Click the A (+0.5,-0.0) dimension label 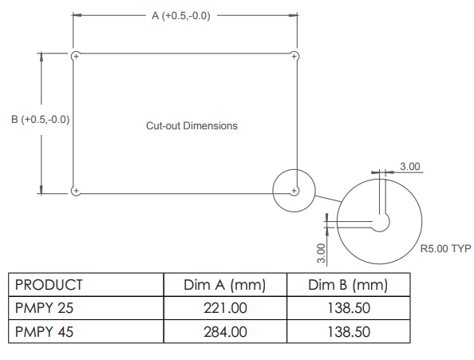(181, 16)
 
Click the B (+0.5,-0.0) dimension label (41, 120)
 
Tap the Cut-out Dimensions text (192, 126)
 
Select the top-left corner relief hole (75, 56)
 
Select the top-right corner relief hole (294, 56)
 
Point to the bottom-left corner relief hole (75, 191)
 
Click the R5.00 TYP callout (445, 249)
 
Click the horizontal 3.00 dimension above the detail (409, 166)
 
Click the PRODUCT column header (49, 285)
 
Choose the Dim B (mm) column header (347, 285)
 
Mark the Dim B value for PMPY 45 (347, 331)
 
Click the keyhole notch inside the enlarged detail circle (381, 223)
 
